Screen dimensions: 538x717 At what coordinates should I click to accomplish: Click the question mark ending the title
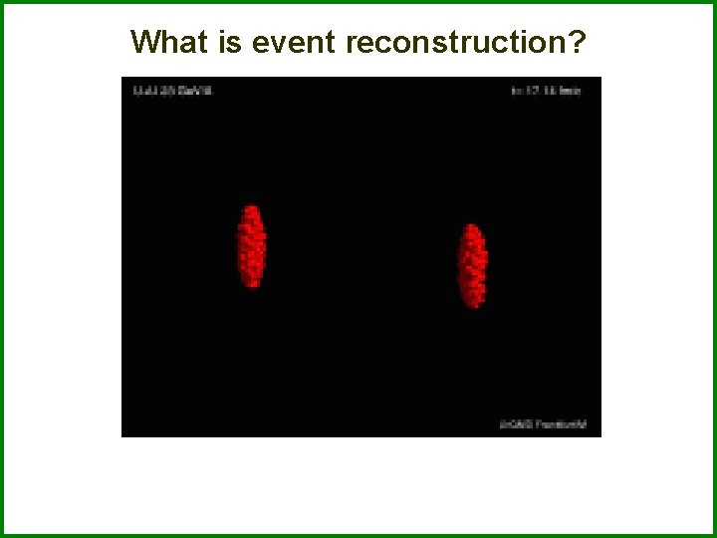pos(578,42)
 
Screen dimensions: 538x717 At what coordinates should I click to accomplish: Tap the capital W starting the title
pos(145,42)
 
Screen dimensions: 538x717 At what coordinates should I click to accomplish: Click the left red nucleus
pos(252,247)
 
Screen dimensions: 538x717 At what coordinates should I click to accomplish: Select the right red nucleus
pos(472,265)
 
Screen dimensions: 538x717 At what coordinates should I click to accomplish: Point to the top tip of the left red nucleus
pos(252,206)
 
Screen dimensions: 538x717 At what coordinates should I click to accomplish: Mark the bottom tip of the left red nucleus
pos(253,287)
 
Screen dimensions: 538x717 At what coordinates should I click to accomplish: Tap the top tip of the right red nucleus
pos(470,225)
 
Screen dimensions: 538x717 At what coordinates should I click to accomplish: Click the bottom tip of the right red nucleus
pos(474,306)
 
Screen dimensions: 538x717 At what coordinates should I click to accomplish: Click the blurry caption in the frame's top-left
pos(172,91)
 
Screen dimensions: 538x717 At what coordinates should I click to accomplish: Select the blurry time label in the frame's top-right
pos(546,91)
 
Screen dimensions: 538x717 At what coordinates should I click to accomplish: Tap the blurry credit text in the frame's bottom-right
pos(543,424)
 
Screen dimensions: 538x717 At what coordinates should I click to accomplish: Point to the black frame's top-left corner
pos(121,78)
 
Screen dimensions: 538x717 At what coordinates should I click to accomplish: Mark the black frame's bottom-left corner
pos(121,436)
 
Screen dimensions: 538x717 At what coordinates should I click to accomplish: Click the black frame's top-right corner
pos(600,78)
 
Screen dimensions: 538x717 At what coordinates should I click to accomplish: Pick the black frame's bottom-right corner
pos(600,436)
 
